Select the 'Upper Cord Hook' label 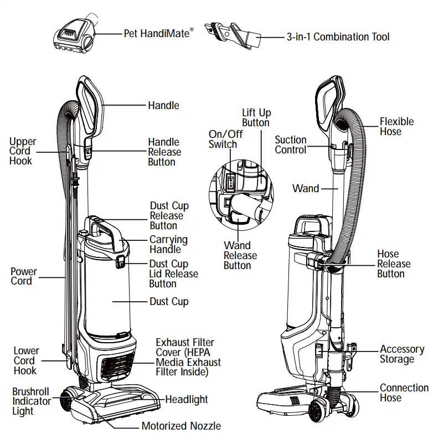[21, 152]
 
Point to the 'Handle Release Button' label [164, 152]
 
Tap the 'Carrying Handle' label [168, 245]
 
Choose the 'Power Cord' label [24, 276]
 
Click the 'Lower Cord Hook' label [25, 360]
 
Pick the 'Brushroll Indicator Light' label [31, 401]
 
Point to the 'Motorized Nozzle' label [181, 426]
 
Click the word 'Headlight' [187, 399]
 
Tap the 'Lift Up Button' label [256, 118]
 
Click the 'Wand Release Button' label [240, 255]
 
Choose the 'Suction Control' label [291, 145]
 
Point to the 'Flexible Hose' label [396, 127]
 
